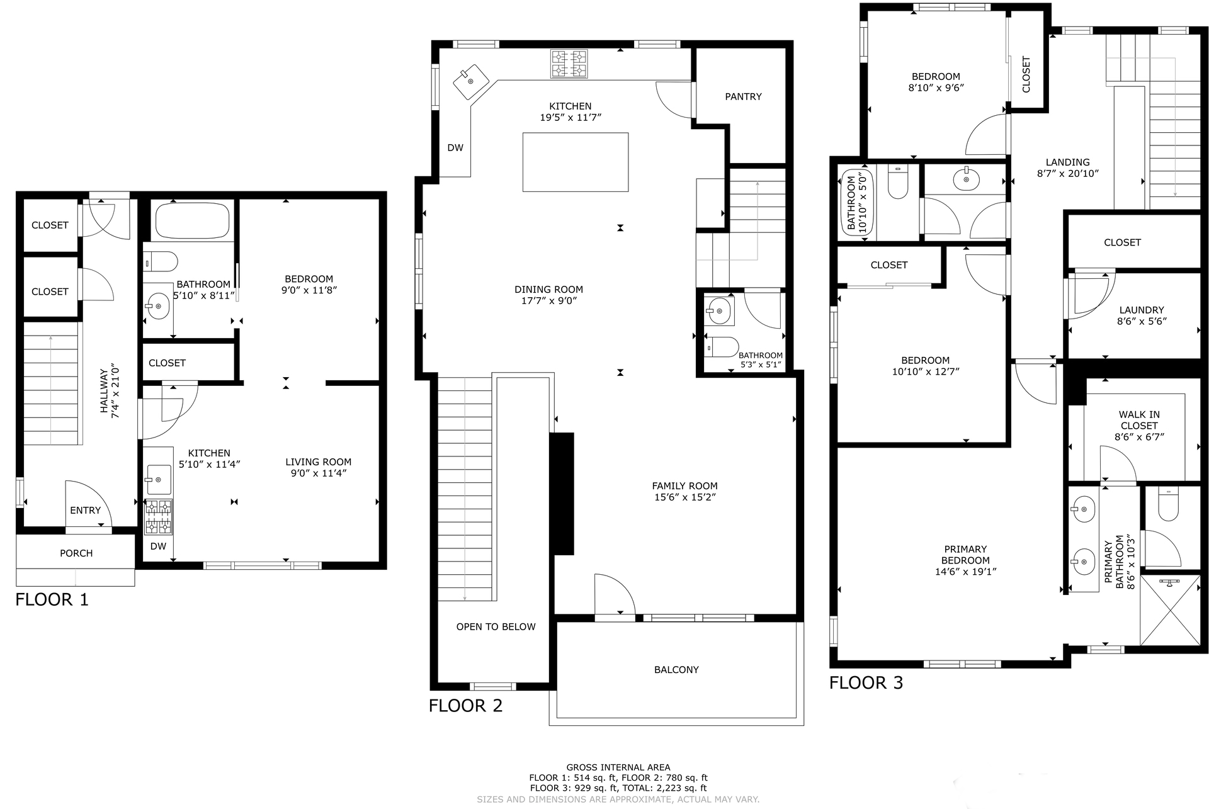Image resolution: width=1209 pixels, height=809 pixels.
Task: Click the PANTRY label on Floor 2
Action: pyautogui.click(x=743, y=96)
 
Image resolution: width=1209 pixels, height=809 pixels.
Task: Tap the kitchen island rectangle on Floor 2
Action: pyautogui.click(x=576, y=162)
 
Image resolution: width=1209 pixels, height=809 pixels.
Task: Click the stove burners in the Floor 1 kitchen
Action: pyautogui.click(x=159, y=517)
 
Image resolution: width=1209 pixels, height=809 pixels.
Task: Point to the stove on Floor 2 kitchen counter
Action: pyautogui.click(x=569, y=64)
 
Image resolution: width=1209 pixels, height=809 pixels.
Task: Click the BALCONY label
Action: pyautogui.click(x=676, y=670)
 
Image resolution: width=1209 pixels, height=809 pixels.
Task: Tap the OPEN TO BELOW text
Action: pyautogui.click(x=496, y=627)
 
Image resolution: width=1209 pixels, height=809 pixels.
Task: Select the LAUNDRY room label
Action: pyautogui.click(x=1142, y=310)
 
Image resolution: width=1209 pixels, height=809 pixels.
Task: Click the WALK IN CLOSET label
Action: pyautogui.click(x=1139, y=420)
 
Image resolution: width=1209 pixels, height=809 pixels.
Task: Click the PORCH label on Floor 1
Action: pyautogui.click(x=76, y=553)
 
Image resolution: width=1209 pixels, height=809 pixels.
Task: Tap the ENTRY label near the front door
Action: pyautogui.click(x=86, y=511)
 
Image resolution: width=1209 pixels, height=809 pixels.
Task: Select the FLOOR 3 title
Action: pyautogui.click(x=866, y=683)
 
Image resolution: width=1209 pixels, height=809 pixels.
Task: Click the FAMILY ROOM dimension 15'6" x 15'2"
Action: pyautogui.click(x=684, y=497)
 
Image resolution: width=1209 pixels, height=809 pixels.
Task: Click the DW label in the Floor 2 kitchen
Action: pyautogui.click(x=455, y=148)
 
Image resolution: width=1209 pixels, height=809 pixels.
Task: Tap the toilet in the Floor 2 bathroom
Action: pyautogui.click(x=722, y=347)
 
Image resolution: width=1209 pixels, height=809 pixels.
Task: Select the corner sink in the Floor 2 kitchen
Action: pyautogui.click(x=471, y=82)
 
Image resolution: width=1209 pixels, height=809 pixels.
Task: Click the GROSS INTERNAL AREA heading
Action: pyautogui.click(x=618, y=767)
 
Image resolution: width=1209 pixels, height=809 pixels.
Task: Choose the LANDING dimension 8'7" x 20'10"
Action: pyautogui.click(x=1068, y=174)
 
